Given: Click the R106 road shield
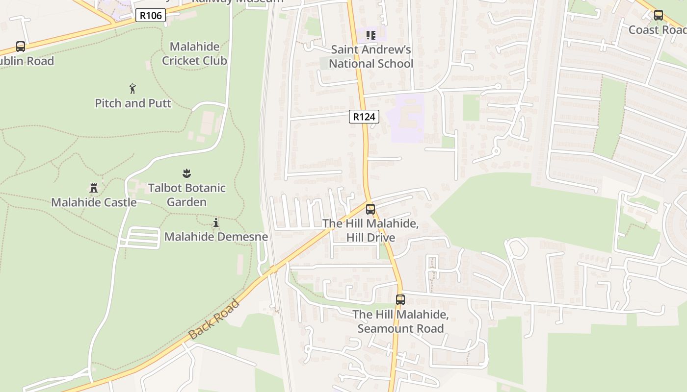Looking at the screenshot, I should pos(151,16).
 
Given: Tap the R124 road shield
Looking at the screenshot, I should pos(364,117).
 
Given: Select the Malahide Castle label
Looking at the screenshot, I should pos(94,202).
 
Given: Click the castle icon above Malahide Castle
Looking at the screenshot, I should pos(94,188).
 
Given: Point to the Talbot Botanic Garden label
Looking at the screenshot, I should pos(187,195).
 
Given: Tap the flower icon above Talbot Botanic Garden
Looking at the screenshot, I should pos(186,173).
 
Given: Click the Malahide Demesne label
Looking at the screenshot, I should pos(216,237).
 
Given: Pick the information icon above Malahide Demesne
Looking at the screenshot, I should pos(216,223).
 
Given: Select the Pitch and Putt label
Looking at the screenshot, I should pos(133,103).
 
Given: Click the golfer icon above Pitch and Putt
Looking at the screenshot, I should pos(132,89).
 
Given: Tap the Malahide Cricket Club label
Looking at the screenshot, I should pos(194,53).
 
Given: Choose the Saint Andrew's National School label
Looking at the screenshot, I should pos(371,56).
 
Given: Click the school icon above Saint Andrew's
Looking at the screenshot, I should pos(371,35).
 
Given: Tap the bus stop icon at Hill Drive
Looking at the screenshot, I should pos(370,209).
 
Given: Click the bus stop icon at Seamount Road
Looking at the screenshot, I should pos(400,300).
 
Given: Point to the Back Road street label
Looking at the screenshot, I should pos(214,318).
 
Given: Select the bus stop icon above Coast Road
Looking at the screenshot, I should pos(659,15).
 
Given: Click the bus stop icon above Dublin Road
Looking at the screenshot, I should pos(21,47).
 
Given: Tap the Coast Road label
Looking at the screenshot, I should pos(657,30).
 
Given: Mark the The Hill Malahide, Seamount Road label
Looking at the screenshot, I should pos(400,321).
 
